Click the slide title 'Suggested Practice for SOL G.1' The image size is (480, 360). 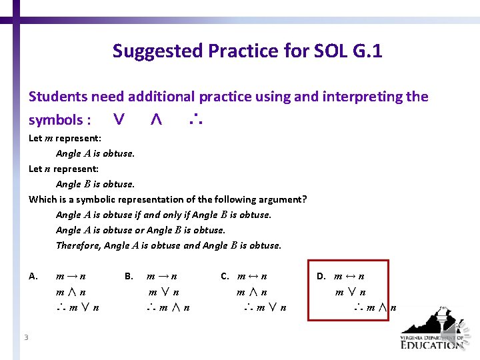(247, 51)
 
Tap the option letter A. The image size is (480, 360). (33, 276)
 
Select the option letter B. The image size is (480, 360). (129, 276)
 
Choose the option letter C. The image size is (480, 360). (225, 276)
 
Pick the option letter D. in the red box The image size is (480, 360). (321, 276)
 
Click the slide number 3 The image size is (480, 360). (26, 337)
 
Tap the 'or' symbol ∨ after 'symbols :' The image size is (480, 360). (119, 120)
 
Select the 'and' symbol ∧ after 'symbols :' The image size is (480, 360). (155, 120)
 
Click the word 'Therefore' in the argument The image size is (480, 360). (79, 245)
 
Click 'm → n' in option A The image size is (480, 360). (71, 276)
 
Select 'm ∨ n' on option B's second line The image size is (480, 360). (164, 292)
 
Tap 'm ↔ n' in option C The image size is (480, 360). (253, 276)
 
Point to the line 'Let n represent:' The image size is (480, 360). (63, 169)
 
